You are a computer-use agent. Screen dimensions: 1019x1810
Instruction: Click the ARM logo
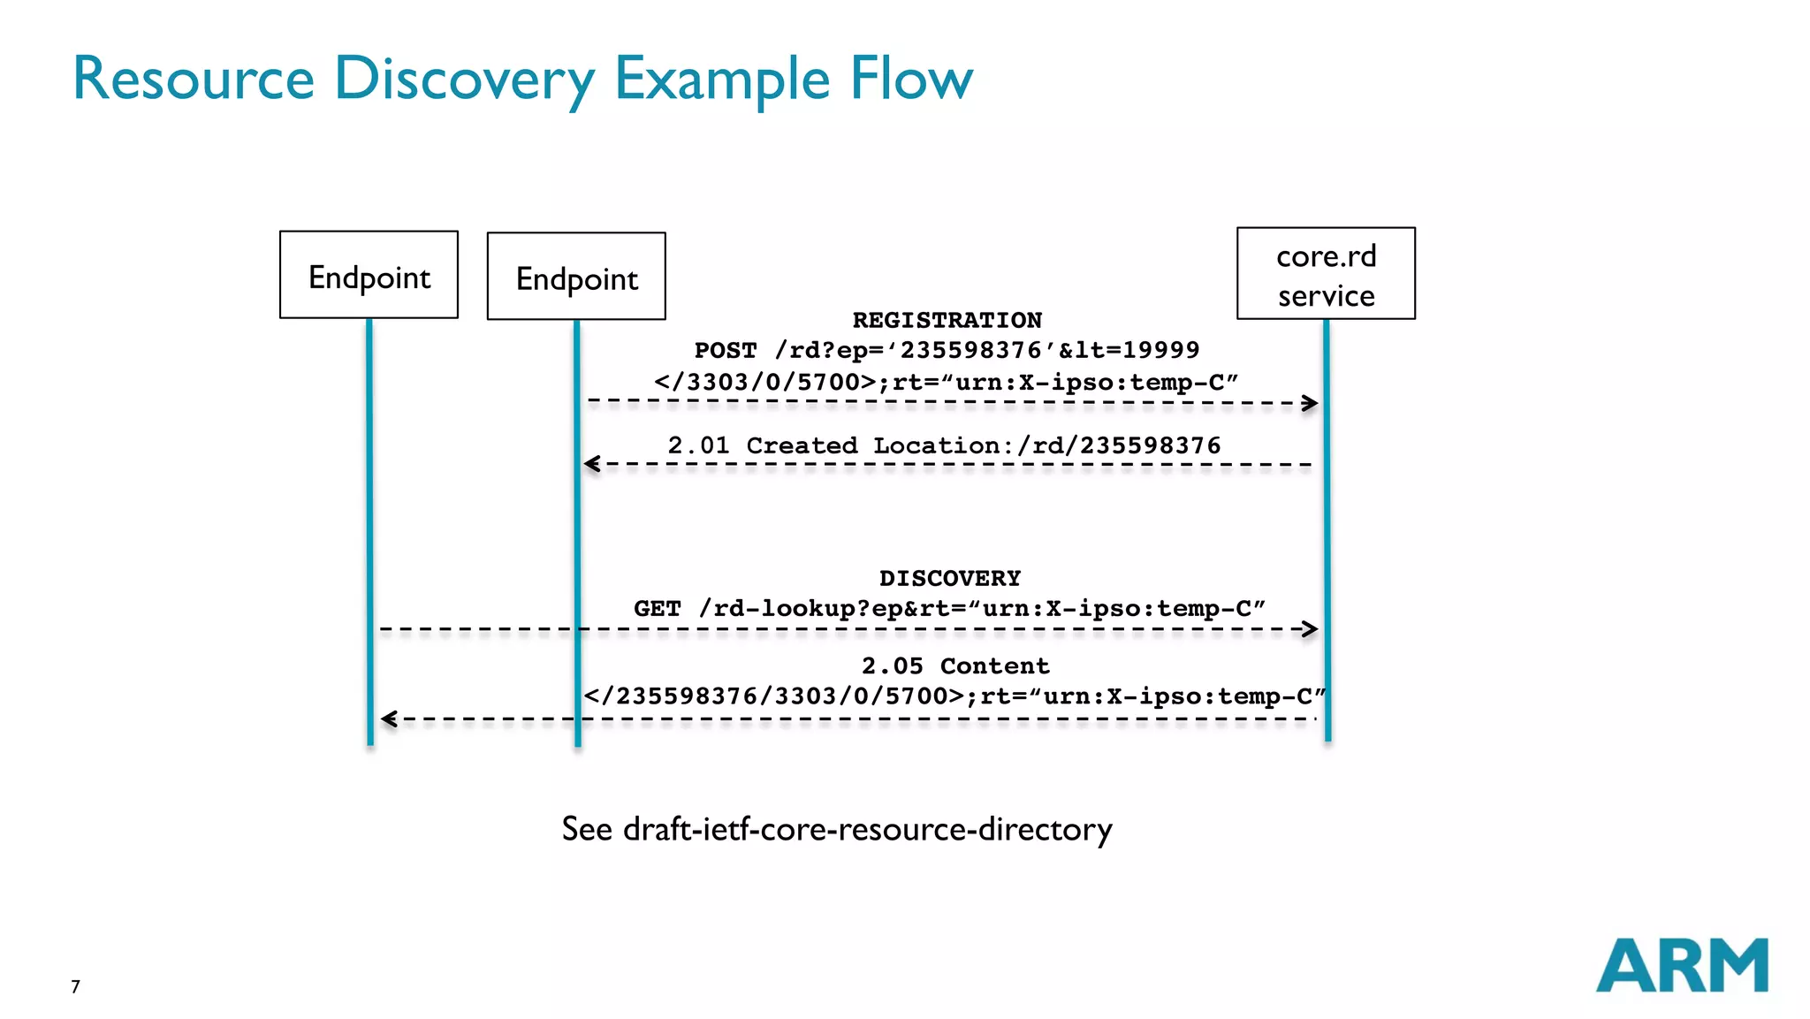(x=1681, y=965)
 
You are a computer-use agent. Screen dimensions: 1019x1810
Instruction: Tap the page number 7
(x=75, y=986)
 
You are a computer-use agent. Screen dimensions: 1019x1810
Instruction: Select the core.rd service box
(x=1325, y=274)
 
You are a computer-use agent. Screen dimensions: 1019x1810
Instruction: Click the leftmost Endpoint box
(x=369, y=275)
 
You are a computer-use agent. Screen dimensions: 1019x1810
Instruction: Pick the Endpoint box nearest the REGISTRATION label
(x=576, y=277)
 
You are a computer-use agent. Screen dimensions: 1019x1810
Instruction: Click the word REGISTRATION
(x=947, y=320)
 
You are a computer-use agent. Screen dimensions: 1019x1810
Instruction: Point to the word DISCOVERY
(x=949, y=578)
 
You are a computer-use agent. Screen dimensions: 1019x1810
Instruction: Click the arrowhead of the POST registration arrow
(x=1312, y=403)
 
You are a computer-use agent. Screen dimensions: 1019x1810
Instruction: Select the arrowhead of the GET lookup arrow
(x=1312, y=629)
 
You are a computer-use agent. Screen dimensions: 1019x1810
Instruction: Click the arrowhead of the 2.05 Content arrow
(x=388, y=719)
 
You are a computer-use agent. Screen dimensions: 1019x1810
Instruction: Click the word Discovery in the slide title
(x=464, y=80)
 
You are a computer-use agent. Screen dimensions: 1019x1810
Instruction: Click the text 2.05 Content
(x=955, y=665)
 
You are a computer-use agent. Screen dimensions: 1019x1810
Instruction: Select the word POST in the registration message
(x=725, y=351)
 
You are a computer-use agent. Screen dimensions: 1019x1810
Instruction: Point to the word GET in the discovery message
(x=657, y=609)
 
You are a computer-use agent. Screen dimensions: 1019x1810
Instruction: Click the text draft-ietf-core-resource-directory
(x=867, y=829)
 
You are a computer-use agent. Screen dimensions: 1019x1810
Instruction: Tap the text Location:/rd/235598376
(x=1046, y=445)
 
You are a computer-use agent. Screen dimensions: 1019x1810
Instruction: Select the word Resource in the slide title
(x=193, y=80)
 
